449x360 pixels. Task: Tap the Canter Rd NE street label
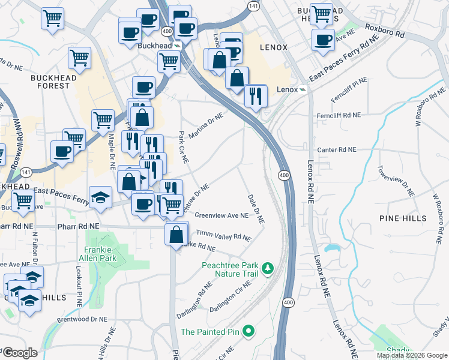(x=336, y=149)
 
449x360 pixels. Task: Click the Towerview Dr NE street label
(x=396, y=179)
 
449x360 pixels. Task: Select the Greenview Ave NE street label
(x=221, y=216)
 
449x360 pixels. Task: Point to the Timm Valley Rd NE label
(x=223, y=236)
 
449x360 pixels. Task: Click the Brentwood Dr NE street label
(x=82, y=320)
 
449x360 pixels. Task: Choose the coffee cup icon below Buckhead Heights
(x=324, y=41)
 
